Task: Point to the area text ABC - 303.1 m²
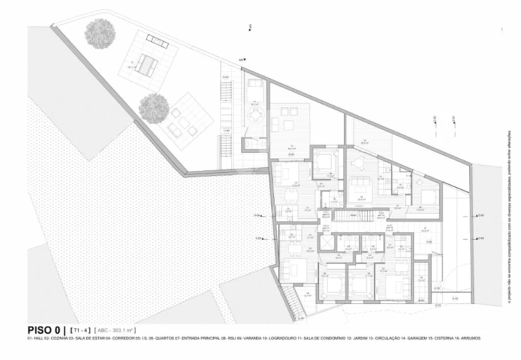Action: point(121,330)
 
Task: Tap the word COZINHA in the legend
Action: point(62,339)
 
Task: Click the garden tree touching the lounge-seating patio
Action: point(152,107)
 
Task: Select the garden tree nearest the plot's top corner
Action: point(99,32)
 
